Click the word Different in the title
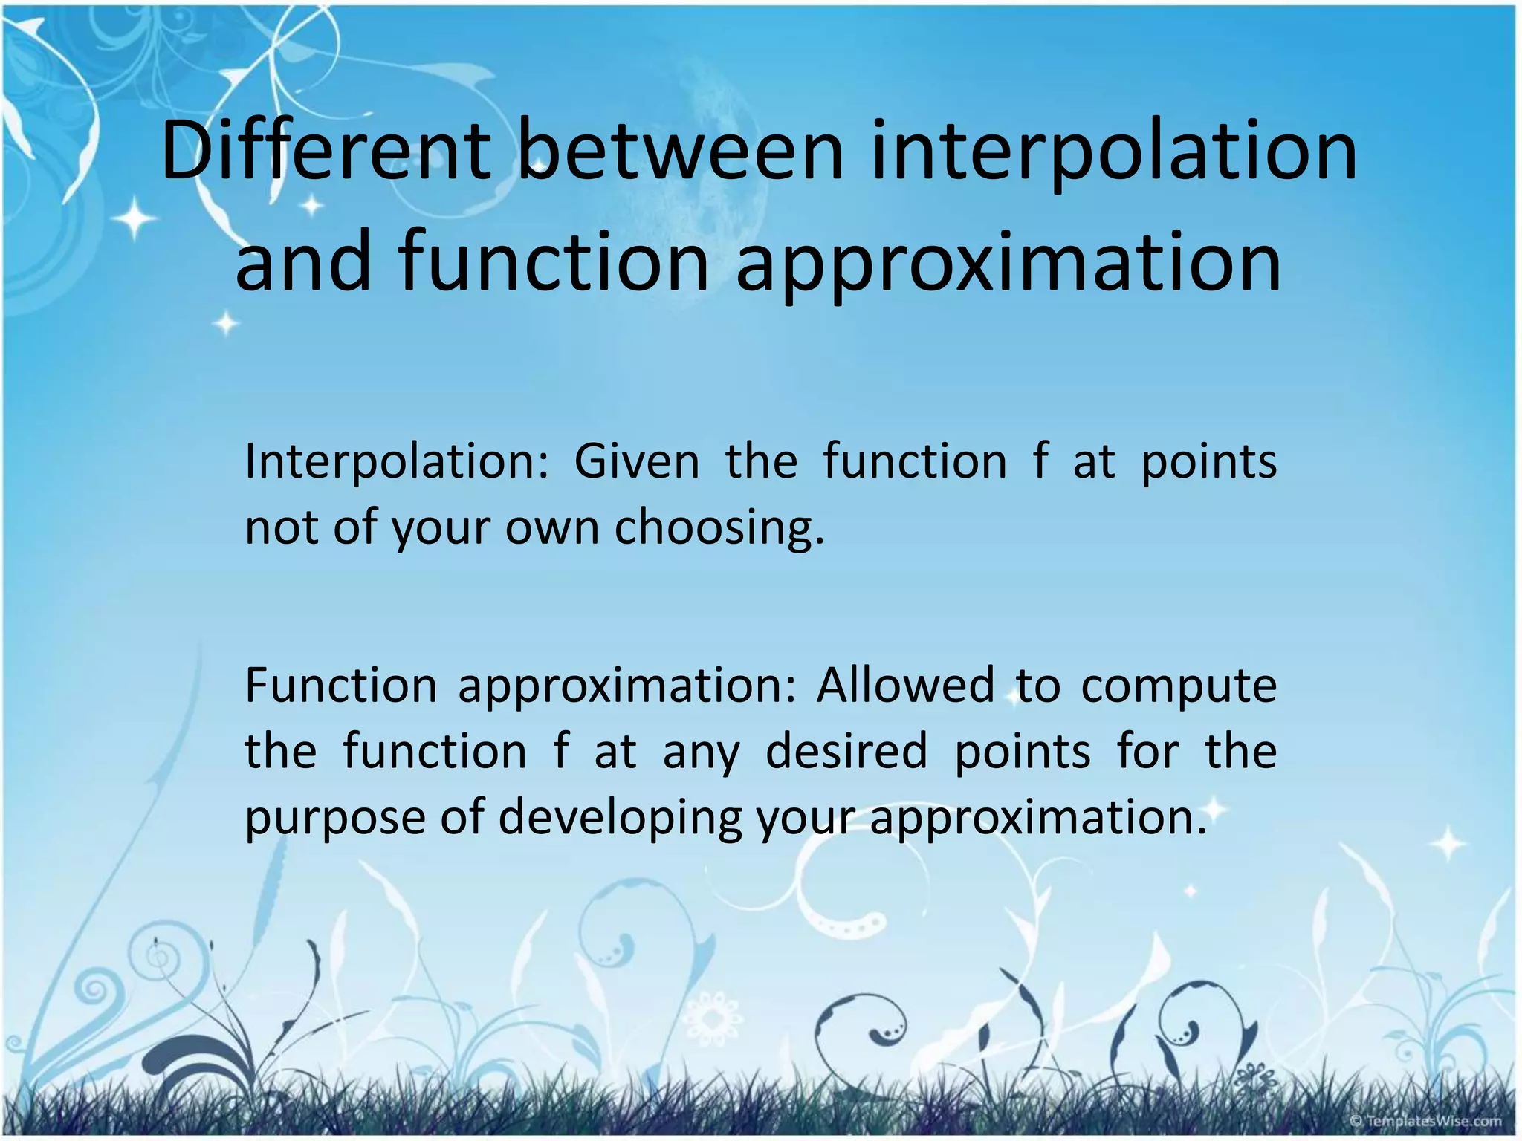(x=326, y=152)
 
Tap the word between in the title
(x=680, y=152)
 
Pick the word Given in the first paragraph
(x=636, y=461)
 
